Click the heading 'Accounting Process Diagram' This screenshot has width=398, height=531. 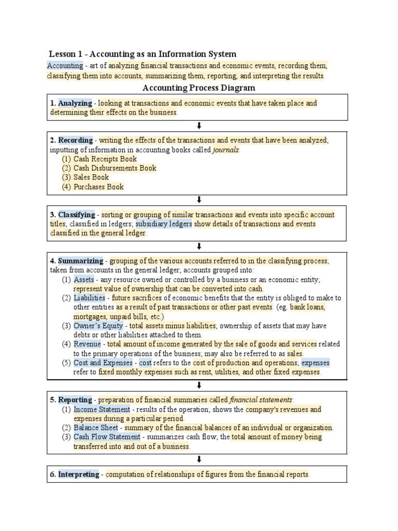click(199, 88)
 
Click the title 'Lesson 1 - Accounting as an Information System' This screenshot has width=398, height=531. click(143, 54)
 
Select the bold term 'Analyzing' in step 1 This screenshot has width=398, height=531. click(75, 103)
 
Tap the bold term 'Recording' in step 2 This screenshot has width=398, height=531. click(75, 140)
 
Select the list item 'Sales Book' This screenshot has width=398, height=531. click(91, 177)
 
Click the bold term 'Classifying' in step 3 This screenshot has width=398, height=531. click(77, 215)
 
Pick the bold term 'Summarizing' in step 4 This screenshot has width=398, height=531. click(80, 261)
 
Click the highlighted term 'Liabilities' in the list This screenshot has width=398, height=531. click(90, 298)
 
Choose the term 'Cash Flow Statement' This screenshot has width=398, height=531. click(107, 437)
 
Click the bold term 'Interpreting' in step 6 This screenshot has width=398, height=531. click(78, 474)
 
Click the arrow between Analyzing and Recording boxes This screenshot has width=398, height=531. click(199, 125)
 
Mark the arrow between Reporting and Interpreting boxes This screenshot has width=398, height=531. click(199, 459)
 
